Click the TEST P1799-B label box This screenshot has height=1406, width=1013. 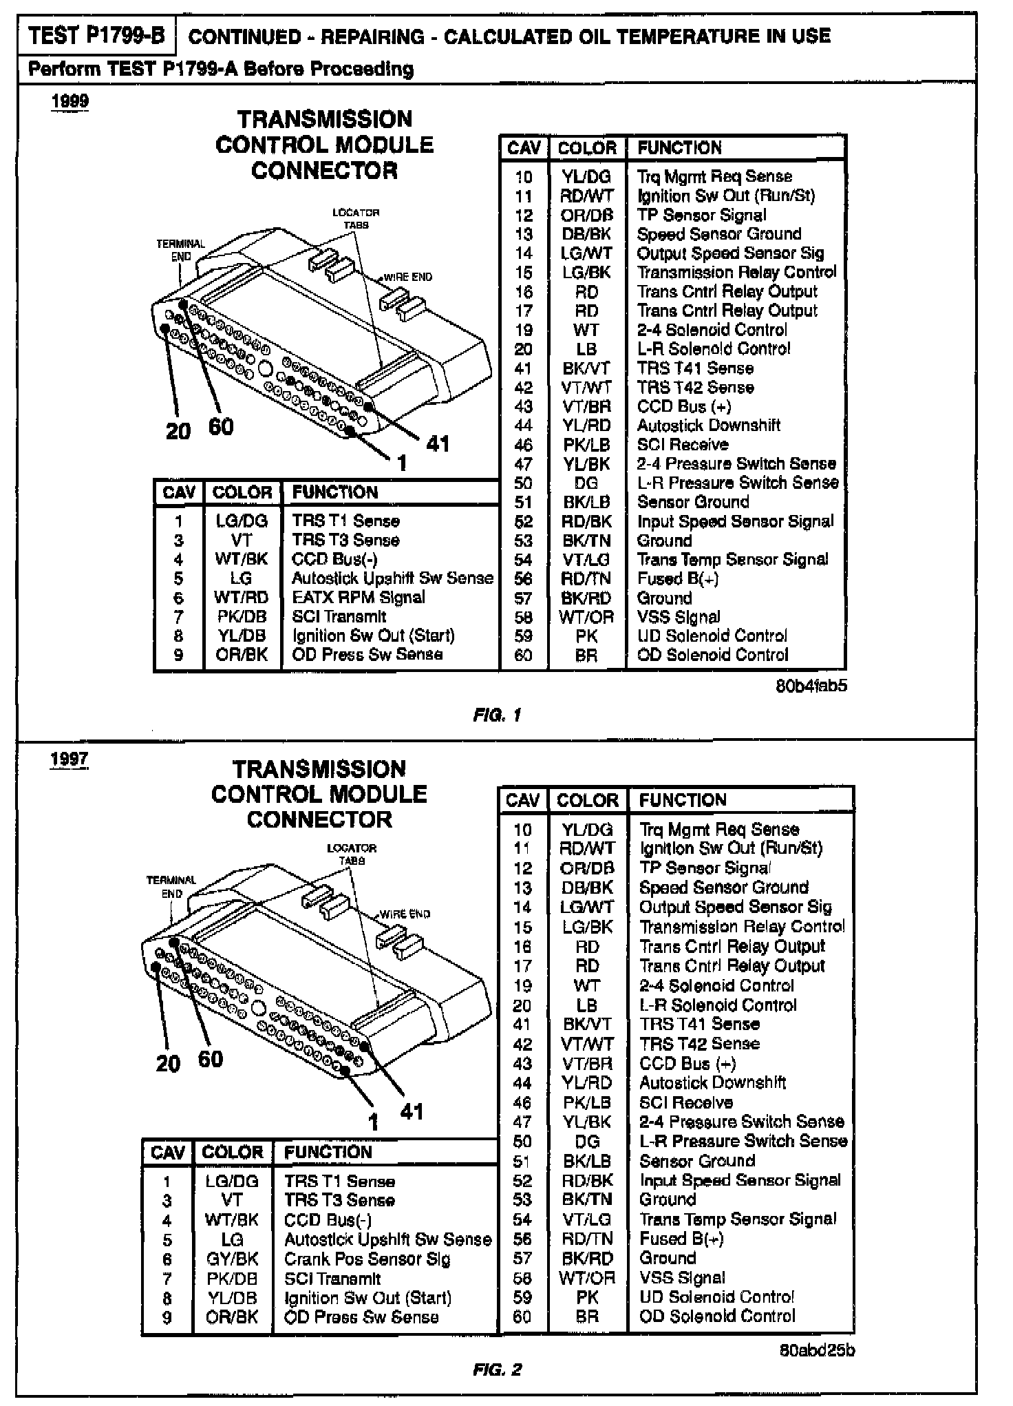[x=97, y=36]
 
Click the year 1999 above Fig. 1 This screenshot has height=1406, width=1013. [x=70, y=101]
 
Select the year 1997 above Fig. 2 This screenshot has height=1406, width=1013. [x=69, y=759]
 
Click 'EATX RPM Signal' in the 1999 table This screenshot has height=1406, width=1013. [x=358, y=598]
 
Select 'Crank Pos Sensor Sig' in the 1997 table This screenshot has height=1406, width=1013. [x=367, y=1259]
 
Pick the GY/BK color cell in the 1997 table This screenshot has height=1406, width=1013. [x=233, y=1259]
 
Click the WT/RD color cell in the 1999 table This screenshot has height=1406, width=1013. [x=241, y=598]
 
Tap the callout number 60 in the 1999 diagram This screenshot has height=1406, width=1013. [x=221, y=427]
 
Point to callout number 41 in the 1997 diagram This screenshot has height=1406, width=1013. [x=412, y=1111]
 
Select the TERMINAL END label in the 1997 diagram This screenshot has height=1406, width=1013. [x=171, y=887]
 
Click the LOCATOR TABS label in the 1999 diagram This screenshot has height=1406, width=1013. [x=356, y=218]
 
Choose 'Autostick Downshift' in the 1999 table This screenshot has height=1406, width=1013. [x=708, y=426]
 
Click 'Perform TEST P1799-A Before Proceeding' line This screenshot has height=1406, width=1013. [x=220, y=69]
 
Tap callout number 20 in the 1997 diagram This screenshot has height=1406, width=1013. [x=167, y=1064]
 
